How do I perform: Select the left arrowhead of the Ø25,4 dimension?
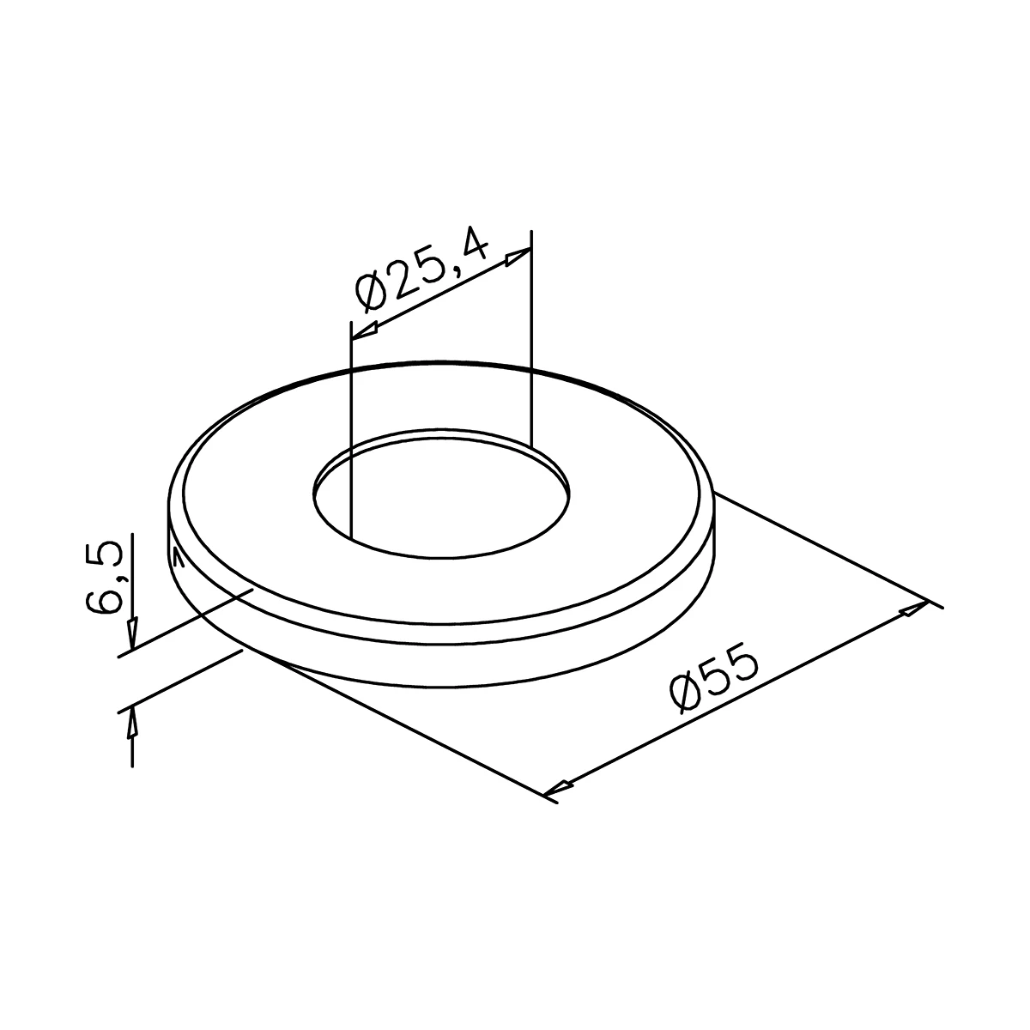(364, 330)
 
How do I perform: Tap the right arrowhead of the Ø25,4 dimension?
(518, 257)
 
